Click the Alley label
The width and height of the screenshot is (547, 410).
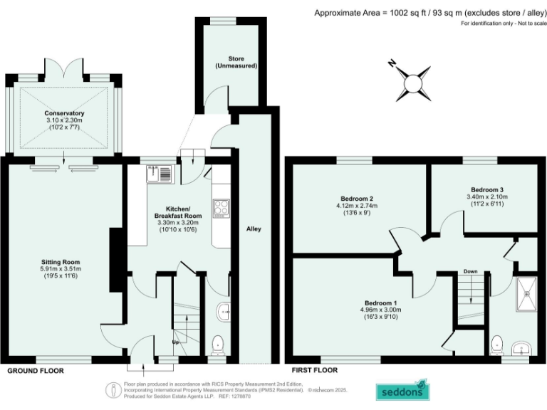[x=254, y=229]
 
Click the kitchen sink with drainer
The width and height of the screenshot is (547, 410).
[x=158, y=173]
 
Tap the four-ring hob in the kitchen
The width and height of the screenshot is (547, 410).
[x=221, y=209]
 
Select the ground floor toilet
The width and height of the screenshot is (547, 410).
[x=219, y=345]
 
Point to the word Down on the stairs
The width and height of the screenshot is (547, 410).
[x=470, y=271]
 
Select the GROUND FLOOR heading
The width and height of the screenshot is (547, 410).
[x=35, y=371]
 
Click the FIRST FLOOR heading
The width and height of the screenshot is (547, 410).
[x=314, y=371]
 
